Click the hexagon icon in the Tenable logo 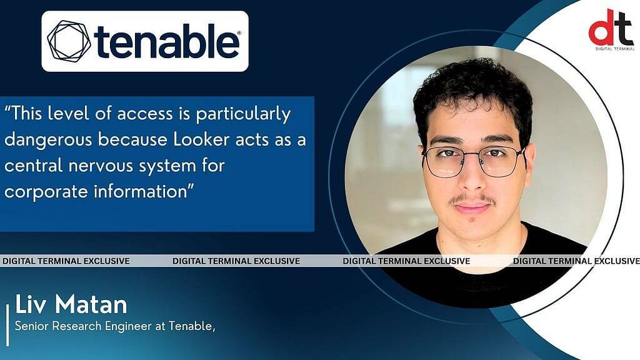(x=69, y=41)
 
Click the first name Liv (x=32, y=304)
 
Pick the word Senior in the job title (x=31, y=326)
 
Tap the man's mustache (x=473, y=199)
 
